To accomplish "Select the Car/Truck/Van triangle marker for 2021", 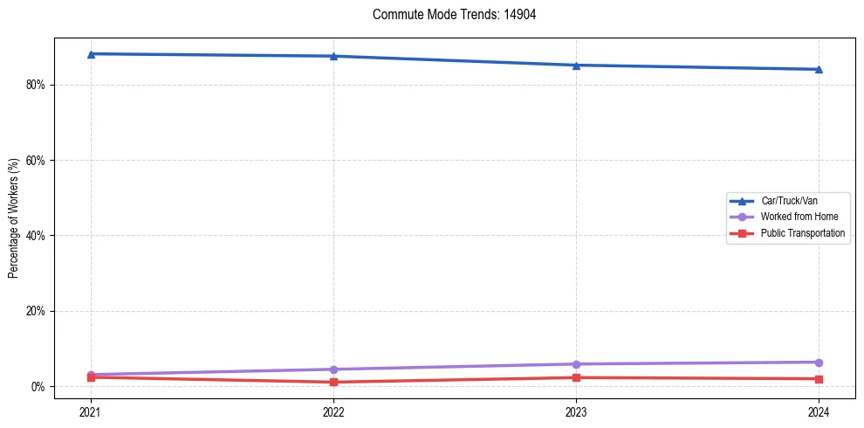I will point(91,54).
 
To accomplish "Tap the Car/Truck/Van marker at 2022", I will point(333,56).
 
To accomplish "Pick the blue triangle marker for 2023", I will point(576,66).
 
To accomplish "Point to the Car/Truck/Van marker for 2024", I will point(819,69).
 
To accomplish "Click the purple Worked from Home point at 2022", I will point(333,369).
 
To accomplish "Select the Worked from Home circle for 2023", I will point(576,364).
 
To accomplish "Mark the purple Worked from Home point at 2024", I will point(819,362).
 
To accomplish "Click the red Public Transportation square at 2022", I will point(333,382).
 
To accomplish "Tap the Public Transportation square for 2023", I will point(576,377).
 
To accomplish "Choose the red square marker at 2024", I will point(819,379).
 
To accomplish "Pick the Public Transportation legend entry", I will point(802,233).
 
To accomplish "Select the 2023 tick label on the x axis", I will point(576,411).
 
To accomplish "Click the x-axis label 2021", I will point(91,411).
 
